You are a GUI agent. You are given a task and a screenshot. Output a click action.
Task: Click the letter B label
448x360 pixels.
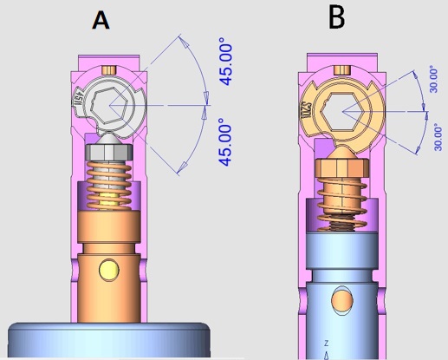338,17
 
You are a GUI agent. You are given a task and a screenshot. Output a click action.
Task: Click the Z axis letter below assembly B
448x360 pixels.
326,344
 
